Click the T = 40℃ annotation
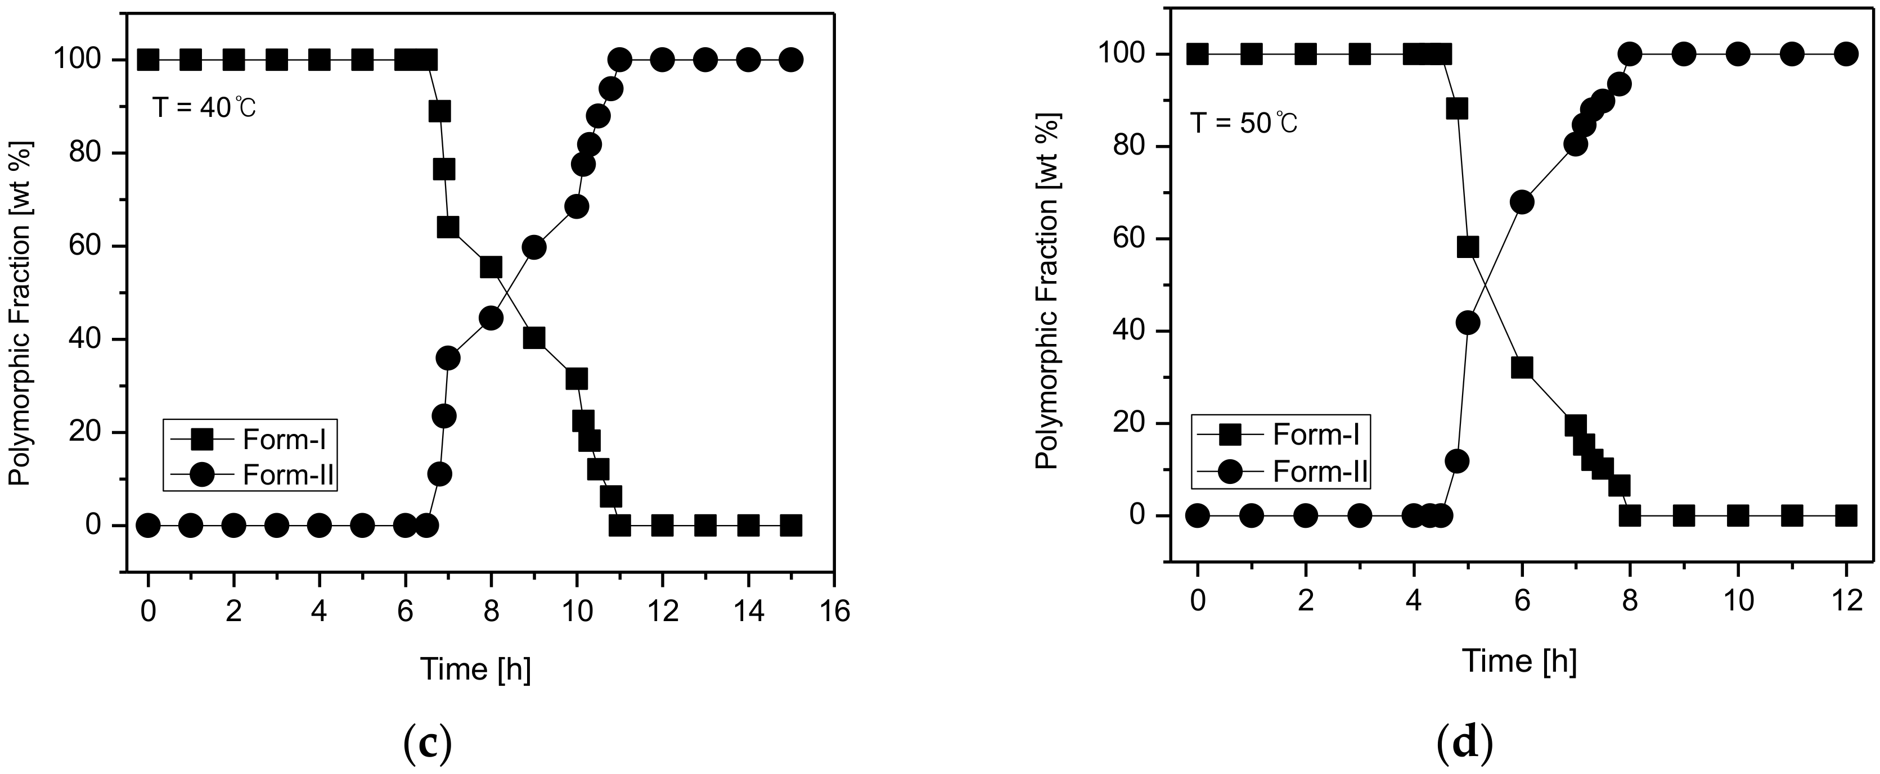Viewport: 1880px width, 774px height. tap(204, 108)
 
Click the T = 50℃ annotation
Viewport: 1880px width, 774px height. tap(1244, 123)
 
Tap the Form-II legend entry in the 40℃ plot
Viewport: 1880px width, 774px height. tap(287, 475)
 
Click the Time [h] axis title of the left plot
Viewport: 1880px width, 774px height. tap(475, 669)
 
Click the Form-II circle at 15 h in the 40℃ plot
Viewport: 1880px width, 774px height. tap(791, 59)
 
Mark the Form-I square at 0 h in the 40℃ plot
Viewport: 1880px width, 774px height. tap(148, 59)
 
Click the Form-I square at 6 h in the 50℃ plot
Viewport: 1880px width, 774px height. tap(1522, 368)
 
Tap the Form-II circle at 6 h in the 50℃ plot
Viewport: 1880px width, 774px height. tap(1522, 202)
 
